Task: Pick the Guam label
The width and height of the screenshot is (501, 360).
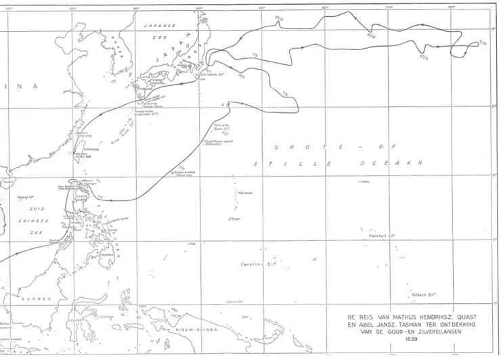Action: click(234, 218)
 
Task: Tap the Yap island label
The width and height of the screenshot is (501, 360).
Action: click(192, 244)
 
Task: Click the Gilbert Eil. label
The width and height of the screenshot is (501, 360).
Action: click(422, 295)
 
